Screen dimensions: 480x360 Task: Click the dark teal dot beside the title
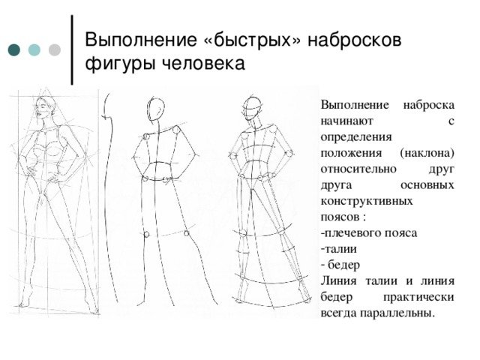(x=14, y=50)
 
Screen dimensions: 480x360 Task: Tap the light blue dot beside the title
(x=34, y=50)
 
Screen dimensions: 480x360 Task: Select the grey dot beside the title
(x=55, y=50)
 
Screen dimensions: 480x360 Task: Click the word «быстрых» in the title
(x=252, y=40)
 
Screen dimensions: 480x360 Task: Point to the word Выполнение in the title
(x=141, y=40)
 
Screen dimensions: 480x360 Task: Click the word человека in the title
(x=203, y=64)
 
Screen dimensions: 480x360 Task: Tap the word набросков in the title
(x=354, y=40)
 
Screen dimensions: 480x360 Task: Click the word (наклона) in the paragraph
(x=427, y=153)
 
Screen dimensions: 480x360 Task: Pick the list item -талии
(x=339, y=249)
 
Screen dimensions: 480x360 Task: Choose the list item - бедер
(x=340, y=265)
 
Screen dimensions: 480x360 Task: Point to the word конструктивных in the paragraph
(x=367, y=201)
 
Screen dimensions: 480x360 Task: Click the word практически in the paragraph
(x=418, y=297)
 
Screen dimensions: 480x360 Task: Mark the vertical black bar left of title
(x=72, y=49)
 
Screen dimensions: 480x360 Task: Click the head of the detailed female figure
(x=45, y=108)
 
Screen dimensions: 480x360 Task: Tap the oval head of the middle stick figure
(x=156, y=109)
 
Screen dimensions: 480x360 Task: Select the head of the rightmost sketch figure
(x=253, y=108)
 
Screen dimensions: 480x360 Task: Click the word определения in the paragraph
(x=356, y=136)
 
